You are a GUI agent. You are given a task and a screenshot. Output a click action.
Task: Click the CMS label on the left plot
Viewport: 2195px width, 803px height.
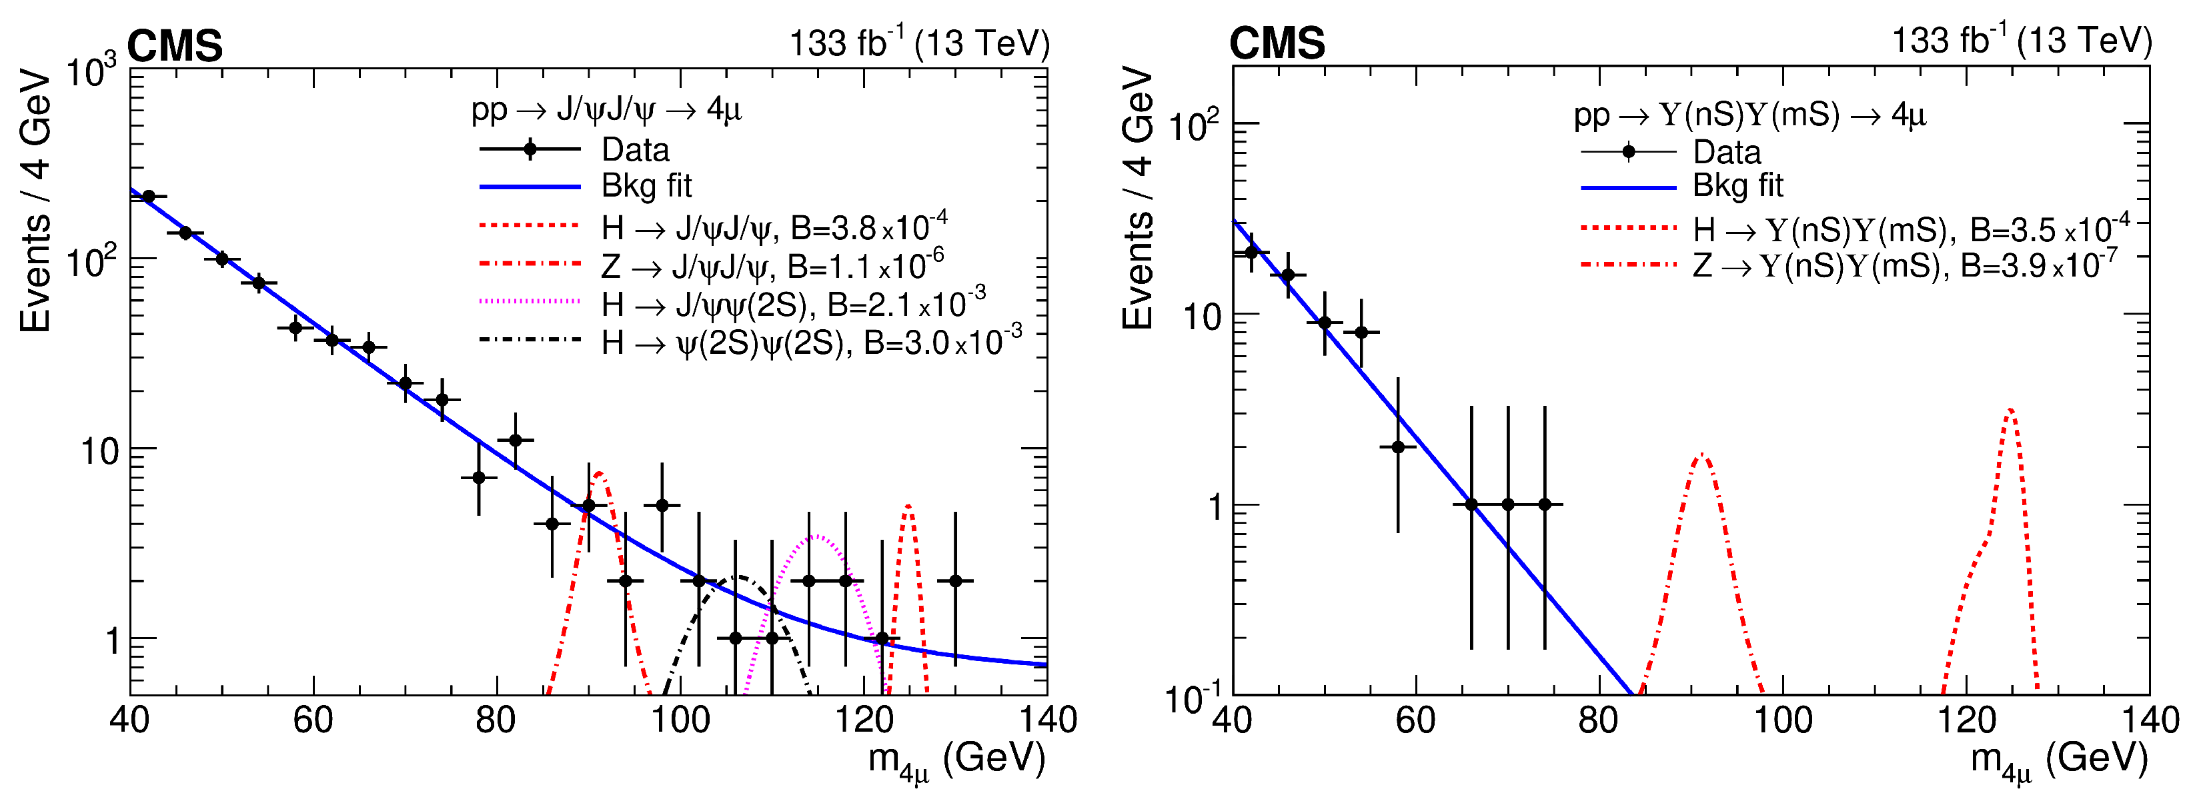[175, 45]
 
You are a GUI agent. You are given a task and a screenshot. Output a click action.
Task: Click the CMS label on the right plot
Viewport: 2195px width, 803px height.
[1277, 43]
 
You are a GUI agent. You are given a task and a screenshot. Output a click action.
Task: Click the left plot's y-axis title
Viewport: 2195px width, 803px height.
[36, 202]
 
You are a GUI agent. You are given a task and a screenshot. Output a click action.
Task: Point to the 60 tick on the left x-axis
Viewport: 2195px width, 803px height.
[313, 720]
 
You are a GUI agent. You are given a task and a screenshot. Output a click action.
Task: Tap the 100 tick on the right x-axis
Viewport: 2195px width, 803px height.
[1783, 720]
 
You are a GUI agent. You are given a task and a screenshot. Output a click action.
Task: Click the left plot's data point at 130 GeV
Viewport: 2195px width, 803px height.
[955, 580]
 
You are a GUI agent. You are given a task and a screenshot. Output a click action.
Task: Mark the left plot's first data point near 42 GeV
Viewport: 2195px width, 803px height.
[148, 197]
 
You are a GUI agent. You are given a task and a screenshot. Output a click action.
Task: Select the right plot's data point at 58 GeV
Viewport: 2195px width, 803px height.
[1397, 447]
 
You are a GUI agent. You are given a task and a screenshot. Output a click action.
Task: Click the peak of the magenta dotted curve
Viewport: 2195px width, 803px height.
[816, 536]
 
